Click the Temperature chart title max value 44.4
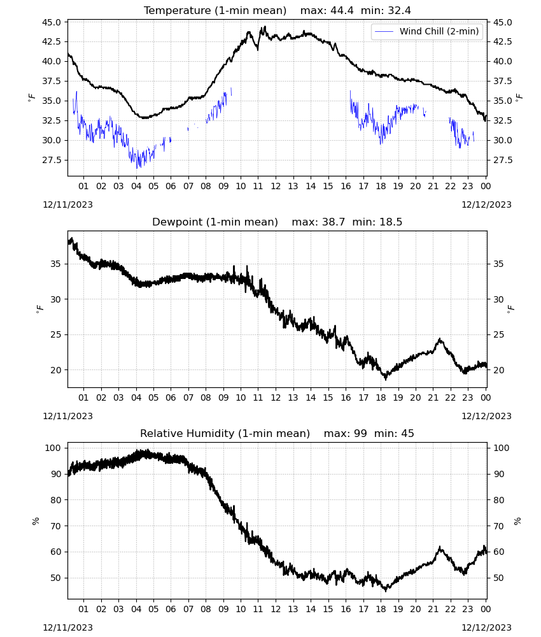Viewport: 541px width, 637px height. coord(342,11)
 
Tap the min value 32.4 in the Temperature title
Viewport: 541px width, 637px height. coord(399,11)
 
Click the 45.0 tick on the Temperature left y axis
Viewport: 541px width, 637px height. coord(52,22)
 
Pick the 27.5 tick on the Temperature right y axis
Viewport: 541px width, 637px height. coord(502,160)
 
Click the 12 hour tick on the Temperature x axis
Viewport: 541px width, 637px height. coord(276,186)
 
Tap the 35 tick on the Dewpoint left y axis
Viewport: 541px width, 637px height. coord(56,264)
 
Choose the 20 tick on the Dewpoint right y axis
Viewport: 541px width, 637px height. coord(498,370)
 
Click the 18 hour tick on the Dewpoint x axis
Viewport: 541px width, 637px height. coord(381,397)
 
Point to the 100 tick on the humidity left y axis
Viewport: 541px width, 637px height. coord(53,448)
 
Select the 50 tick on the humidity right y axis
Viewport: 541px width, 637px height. coord(498,578)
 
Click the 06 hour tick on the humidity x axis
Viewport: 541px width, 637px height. coord(171,609)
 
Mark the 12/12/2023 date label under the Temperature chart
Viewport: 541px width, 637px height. coord(486,204)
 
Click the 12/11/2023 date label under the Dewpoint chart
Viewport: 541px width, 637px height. coord(67,416)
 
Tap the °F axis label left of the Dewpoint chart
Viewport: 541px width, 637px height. coord(39,309)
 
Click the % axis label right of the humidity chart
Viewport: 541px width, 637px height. coord(517,521)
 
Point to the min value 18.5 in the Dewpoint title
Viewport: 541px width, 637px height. coord(391,222)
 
